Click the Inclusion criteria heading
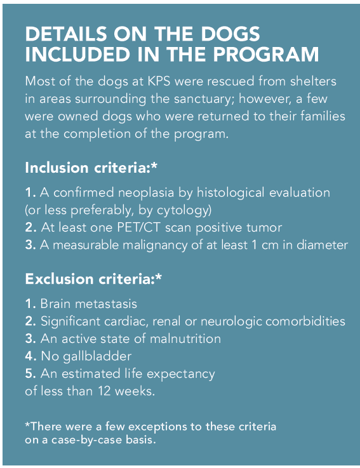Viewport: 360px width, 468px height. point(91,168)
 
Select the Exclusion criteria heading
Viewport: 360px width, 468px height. point(93,279)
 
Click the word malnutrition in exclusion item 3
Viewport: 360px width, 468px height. point(185,338)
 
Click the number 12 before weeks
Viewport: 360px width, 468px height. point(105,391)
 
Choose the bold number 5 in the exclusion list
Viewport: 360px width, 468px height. point(30,373)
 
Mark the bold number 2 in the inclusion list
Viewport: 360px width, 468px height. point(30,228)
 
